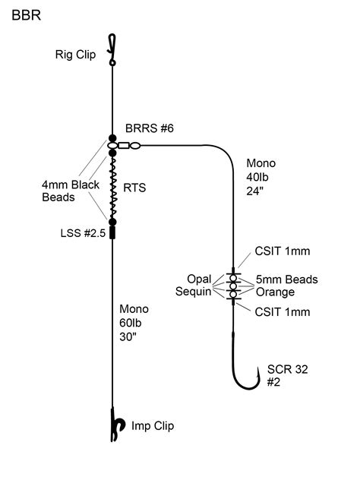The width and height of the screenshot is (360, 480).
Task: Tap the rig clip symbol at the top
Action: pyautogui.click(x=112, y=49)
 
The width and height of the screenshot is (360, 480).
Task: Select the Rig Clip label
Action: pyautogui.click(x=75, y=55)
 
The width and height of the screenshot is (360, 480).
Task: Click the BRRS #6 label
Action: pyautogui.click(x=150, y=130)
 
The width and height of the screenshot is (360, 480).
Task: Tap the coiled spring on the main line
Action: pyautogui.click(x=112, y=187)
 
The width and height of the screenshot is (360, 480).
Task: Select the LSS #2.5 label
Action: pyautogui.click(x=75, y=230)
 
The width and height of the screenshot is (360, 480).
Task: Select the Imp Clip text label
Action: pyautogui.click(x=153, y=426)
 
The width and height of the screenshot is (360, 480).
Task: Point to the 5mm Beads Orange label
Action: pyautogui.click(x=285, y=286)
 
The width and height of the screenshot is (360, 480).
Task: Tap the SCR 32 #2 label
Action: pyautogui.click(x=283, y=376)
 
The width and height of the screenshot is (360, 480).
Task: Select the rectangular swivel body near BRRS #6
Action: pyautogui.click(x=122, y=144)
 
